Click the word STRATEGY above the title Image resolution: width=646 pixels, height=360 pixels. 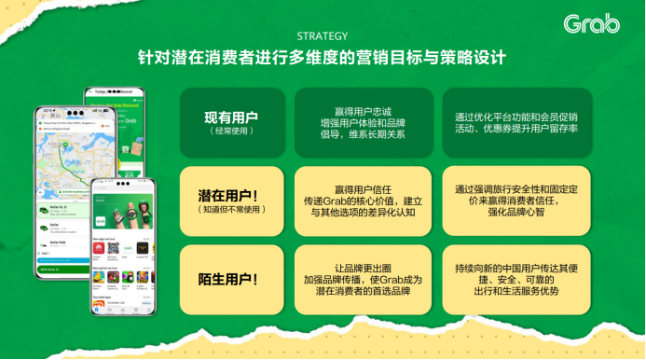point(323,37)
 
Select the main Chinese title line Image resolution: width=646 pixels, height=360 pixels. point(323,58)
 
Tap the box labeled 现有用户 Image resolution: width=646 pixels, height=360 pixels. point(231,123)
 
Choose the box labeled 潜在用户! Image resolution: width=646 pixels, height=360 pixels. point(231,201)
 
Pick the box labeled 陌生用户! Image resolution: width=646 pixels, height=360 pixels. point(231,279)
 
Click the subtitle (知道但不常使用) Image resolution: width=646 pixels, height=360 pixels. point(231,211)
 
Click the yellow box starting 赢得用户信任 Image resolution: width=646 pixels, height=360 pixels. point(364,201)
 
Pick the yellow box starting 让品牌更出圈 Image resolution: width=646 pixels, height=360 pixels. point(364,279)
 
